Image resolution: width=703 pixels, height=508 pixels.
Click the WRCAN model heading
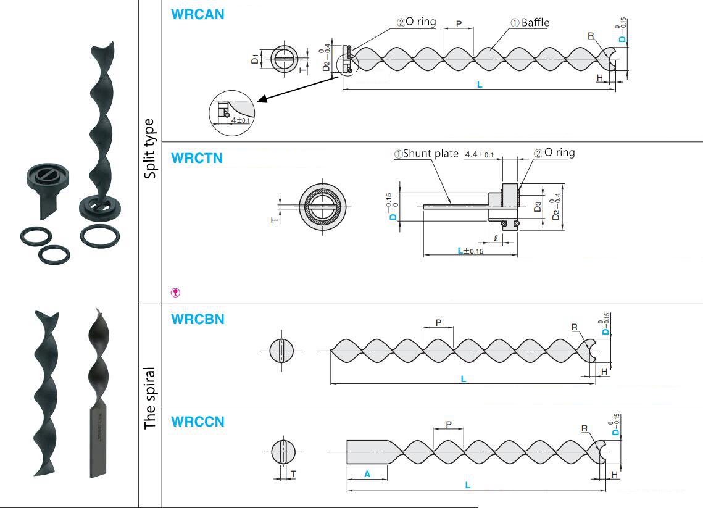(x=198, y=14)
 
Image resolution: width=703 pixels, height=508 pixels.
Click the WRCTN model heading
(x=197, y=158)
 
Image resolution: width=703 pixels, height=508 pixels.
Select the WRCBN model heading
(x=198, y=320)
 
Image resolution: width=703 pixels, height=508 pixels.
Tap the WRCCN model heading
(x=198, y=422)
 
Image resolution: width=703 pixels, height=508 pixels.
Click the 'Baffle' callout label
(x=535, y=23)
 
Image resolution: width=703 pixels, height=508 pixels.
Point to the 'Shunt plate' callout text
(x=430, y=154)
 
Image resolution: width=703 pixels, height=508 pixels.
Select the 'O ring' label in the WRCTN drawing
(x=559, y=152)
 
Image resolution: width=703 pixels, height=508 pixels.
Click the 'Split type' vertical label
(x=150, y=149)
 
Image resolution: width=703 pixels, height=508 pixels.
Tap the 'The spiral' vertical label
(x=150, y=399)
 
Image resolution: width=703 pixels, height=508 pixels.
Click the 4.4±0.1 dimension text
(x=479, y=154)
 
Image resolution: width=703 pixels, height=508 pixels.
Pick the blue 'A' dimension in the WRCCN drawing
(x=367, y=475)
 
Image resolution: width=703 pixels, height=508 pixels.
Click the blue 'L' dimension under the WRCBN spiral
(x=464, y=378)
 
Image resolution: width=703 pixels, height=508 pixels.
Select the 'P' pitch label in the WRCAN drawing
(x=459, y=23)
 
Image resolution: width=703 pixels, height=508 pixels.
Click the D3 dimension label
(x=538, y=206)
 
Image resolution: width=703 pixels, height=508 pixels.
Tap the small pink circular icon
(x=175, y=293)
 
